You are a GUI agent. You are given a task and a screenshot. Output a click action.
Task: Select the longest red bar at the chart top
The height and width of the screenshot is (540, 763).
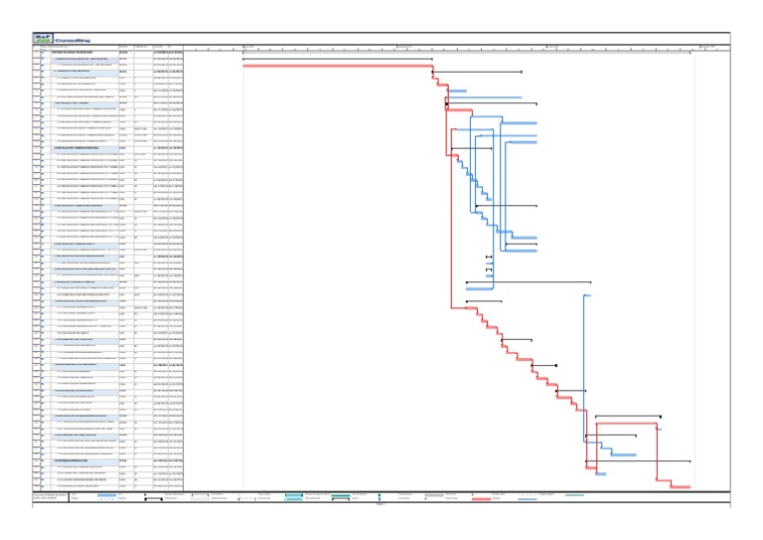[337, 66]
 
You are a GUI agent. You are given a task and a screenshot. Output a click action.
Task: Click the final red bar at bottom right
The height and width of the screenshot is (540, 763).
[680, 486]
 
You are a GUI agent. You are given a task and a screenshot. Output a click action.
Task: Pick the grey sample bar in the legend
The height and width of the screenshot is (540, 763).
[434, 494]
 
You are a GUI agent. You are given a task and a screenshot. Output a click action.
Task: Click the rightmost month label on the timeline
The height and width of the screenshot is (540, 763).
[707, 46]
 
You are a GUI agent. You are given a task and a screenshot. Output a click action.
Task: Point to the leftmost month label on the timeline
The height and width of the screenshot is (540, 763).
[249, 46]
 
